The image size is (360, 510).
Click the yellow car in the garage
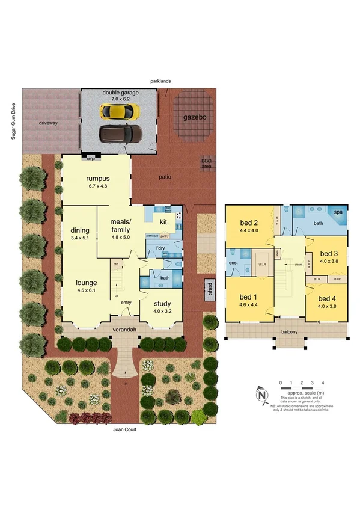click(120, 111)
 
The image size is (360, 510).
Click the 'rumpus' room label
click(96, 178)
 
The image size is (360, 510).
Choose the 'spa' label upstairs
click(338, 212)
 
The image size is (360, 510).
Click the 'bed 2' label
click(248, 221)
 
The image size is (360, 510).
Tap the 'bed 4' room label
click(327, 299)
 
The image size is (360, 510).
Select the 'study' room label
click(162, 304)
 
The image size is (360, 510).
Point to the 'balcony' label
click(289, 330)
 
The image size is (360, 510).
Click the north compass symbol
click(261, 395)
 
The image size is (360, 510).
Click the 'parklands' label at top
click(162, 81)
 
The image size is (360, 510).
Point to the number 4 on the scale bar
click(323, 383)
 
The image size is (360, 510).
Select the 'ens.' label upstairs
click(233, 263)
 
